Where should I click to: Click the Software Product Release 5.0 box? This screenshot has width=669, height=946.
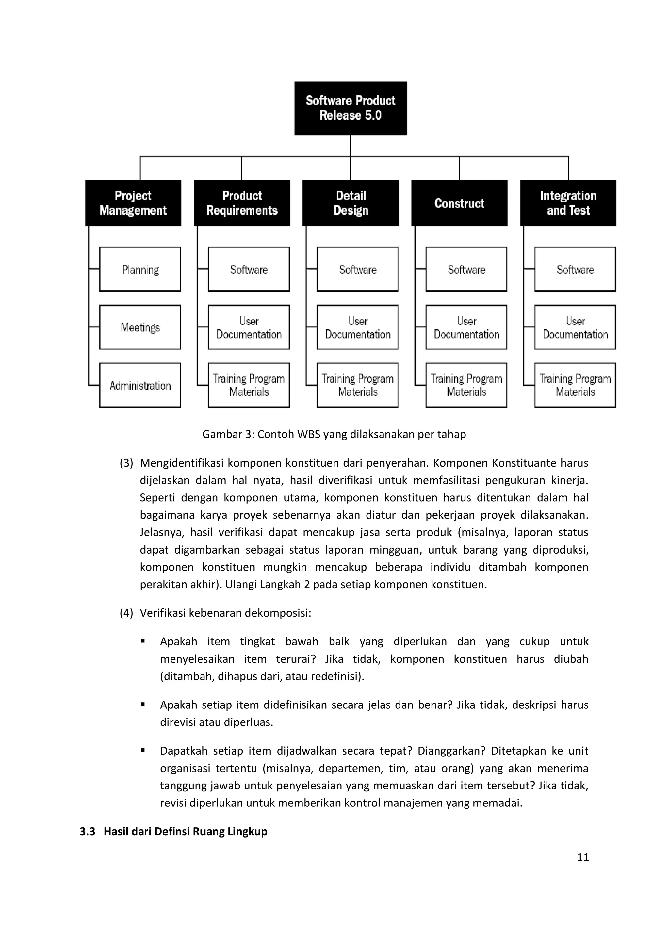[x=351, y=108]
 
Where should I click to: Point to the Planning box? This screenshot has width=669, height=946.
[x=140, y=270]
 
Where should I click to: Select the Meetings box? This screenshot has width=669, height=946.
[x=140, y=327]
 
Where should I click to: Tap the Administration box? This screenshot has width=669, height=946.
[x=140, y=385]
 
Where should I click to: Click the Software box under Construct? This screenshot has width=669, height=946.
[x=466, y=270]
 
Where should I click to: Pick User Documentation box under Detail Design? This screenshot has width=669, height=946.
[x=358, y=327]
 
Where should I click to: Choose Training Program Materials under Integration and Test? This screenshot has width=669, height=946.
[x=575, y=385]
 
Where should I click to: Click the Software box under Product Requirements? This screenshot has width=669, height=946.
[x=249, y=270]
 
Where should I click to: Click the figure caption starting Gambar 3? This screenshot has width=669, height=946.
[x=334, y=434]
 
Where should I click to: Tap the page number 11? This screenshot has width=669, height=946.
[x=583, y=857]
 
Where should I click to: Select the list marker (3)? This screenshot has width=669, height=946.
[x=126, y=463]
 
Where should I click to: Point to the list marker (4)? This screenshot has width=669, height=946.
[x=126, y=613]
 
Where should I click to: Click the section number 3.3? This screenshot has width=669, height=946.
[x=87, y=831]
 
